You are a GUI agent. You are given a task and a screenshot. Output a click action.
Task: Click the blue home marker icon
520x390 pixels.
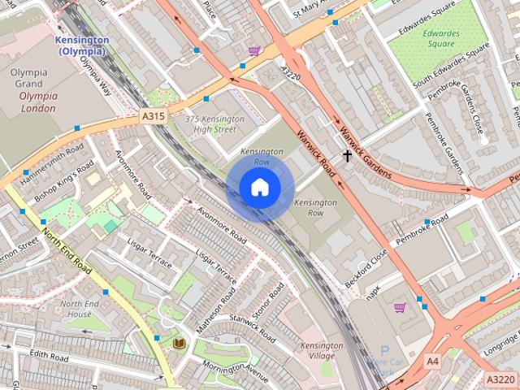coord(259,188)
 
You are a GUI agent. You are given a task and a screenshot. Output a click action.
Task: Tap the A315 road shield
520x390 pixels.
coord(153,117)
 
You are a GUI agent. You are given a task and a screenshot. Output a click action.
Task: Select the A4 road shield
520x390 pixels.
coord(432,360)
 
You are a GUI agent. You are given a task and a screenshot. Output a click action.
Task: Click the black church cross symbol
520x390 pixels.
coord(348,154)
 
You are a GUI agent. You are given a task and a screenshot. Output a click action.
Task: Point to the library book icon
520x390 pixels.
coord(179,344)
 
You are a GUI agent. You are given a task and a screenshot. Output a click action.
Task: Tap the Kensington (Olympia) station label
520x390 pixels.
coord(81,45)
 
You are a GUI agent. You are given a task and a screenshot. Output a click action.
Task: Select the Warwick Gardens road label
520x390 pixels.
coord(366,153)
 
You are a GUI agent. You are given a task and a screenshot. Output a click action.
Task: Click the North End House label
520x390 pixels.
coord(80,309)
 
